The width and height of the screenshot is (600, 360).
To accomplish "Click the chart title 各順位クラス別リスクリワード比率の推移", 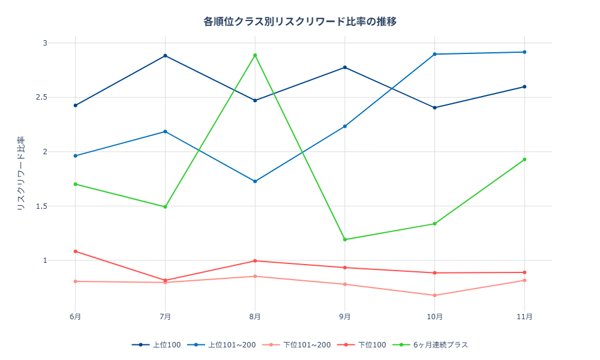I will [x=300, y=22].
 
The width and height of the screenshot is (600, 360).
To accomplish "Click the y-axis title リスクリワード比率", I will [x=20, y=173].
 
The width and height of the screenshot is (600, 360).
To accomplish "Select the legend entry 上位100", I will [x=157, y=345].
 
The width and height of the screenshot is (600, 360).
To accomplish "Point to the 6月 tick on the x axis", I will [x=75, y=317].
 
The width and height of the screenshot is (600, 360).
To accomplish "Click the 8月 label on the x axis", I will [x=255, y=317].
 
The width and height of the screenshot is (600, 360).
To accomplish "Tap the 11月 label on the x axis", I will [x=524, y=317].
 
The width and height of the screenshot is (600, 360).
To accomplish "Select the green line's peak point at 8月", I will [x=255, y=55].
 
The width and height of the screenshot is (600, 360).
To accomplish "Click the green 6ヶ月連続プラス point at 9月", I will [x=345, y=239].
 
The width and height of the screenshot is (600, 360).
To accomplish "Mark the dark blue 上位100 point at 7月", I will [x=165, y=56].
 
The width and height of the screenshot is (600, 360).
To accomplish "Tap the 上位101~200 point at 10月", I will [x=434, y=54].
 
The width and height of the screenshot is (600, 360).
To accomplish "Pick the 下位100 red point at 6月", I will [x=75, y=251].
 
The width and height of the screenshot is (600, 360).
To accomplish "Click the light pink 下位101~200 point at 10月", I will [x=434, y=295].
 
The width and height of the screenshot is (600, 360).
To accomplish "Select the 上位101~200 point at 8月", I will [x=255, y=181].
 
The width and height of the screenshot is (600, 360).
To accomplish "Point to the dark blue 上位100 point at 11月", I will [x=524, y=86].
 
